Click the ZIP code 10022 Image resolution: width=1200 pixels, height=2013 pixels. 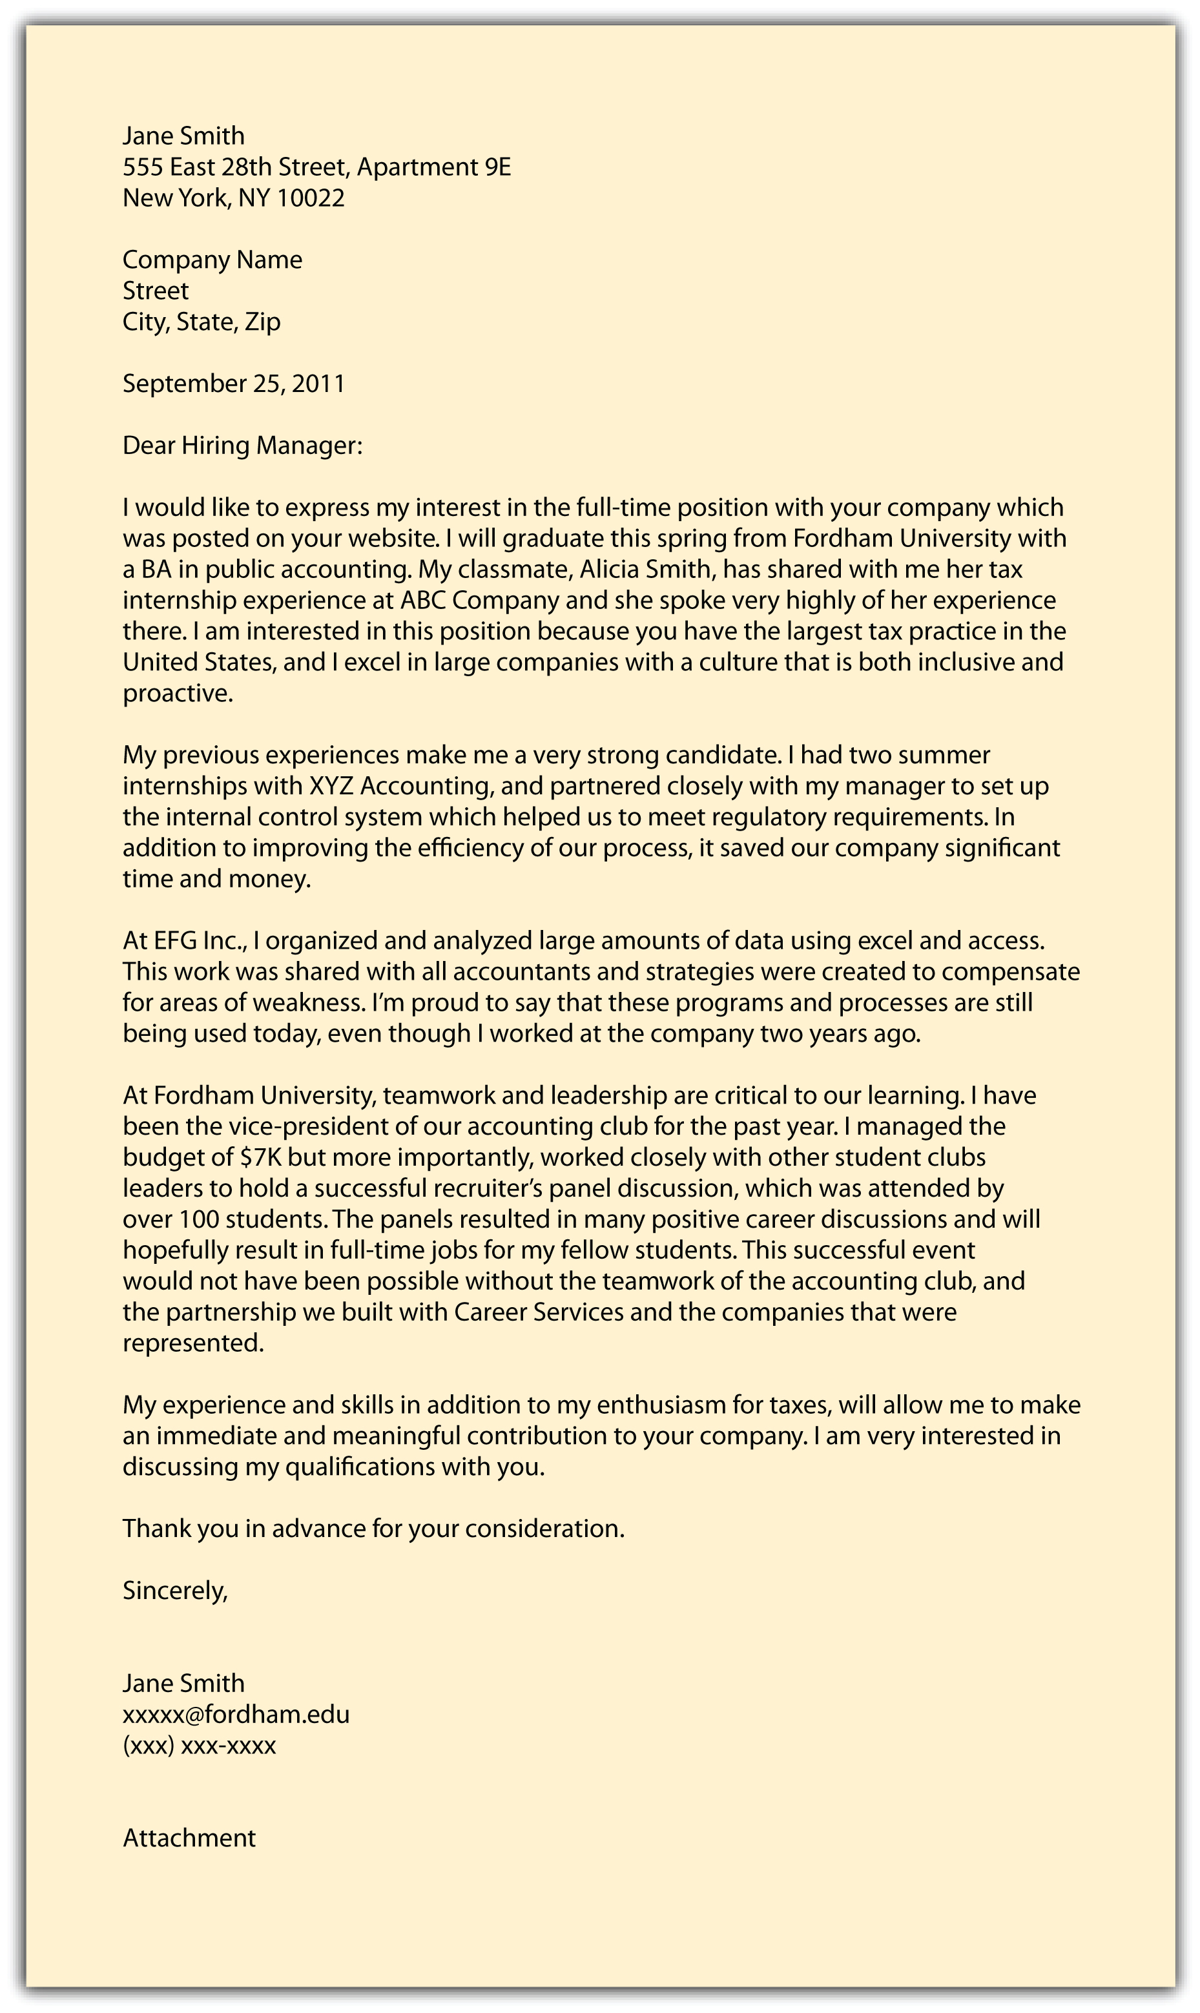click(311, 198)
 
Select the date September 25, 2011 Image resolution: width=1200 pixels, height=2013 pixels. click(234, 383)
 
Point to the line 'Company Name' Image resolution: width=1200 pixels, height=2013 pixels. click(212, 260)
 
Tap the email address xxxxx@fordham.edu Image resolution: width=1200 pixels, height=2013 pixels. click(236, 1715)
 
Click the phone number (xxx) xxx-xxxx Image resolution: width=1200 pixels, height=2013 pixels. click(199, 1746)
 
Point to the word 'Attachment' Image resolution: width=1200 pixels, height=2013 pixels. click(189, 1839)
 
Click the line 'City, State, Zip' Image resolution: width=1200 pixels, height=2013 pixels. click(202, 322)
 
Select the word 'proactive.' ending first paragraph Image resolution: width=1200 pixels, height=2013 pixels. click(178, 694)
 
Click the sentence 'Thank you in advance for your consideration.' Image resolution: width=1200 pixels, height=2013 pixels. click(373, 1529)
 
